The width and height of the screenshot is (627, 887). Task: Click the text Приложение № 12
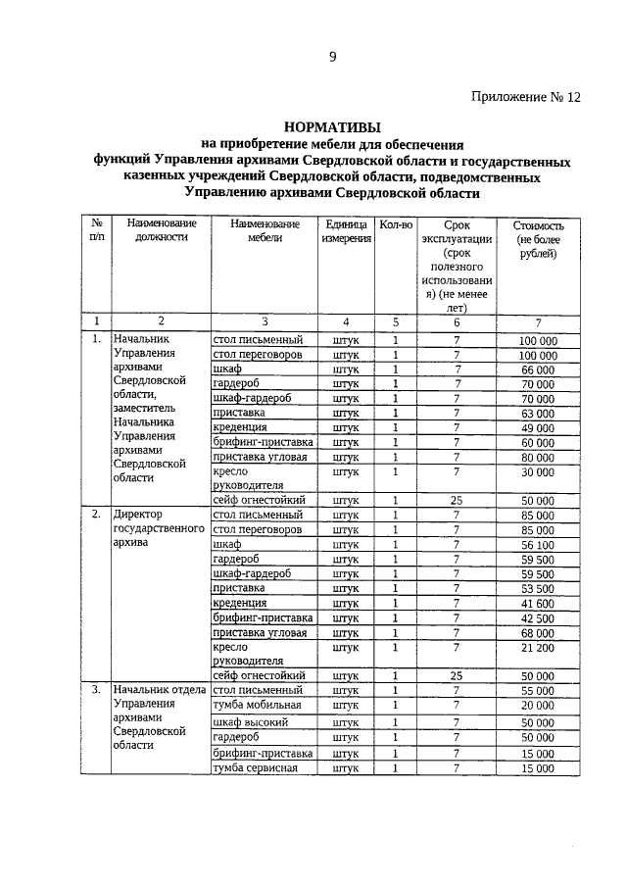pyautogui.click(x=526, y=97)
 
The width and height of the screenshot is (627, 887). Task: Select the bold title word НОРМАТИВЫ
pyautogui.click(x=332, y=126)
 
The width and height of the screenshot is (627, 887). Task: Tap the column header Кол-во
pyautogui.click(x=396, y=224)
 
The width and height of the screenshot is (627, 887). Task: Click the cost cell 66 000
pyautogui.click(x=538, y=370)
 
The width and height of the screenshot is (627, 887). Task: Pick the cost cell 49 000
pyautogui.click(x=538, y=427)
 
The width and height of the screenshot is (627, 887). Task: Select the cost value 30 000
pyautogui.click(x=538, y=471)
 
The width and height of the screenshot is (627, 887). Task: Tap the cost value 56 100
pyautogui.click(x=538, y=544)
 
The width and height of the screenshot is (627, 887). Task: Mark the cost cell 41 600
pyautogui.click(x=538, y=603)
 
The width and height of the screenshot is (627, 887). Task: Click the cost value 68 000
pyautogui.click(x=538, y=632)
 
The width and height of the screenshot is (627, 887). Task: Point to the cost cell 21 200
pyautogui.click(x=538, y=647)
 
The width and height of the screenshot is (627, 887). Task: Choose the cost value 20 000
pyautogui.click(x=538, y=705)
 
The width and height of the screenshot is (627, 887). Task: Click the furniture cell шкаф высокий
pyautogui.click(x=251, y=722)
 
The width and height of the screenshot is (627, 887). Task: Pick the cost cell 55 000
pyautogui.click(x=538, y=690)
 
